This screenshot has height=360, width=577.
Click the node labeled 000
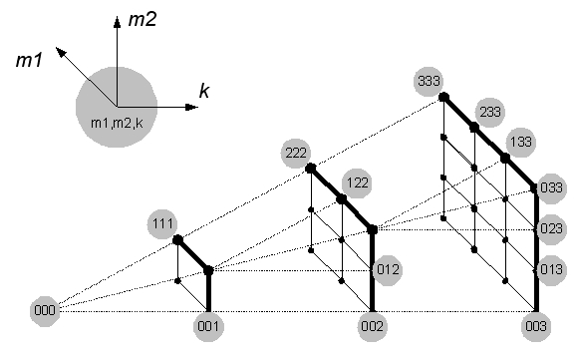click(x=45, y=310)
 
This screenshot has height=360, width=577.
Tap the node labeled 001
click(x=208, y=326)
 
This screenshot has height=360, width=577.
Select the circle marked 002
click(x=372, y=326)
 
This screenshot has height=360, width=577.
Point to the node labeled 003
click(x=536, y=326)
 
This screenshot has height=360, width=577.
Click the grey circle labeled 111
click(x=162, y=223)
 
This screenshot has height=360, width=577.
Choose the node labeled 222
click(x=296, y=153)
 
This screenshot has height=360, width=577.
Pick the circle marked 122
click(x=358, y=182)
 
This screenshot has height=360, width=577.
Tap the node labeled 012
click(x=388, y=270)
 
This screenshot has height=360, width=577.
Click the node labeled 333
click(x=430, y=81)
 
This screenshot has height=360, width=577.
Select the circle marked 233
click(x=490, y=112)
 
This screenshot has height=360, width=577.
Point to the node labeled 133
click(x=521, y=142)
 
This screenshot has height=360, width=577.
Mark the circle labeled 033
click(x=551, y=188)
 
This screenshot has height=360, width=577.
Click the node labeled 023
click(x=551, y=229)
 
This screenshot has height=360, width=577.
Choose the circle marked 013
click(x=551, y=270)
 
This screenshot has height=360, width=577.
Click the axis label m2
click(x=143, y=19)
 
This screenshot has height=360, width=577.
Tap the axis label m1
click(x=29, y=60)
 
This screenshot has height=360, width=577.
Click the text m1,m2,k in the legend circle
click(x=117, y=123)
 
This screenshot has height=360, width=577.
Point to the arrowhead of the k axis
click(x=191, y=107)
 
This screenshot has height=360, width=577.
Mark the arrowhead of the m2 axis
click(x=117, y=22)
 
